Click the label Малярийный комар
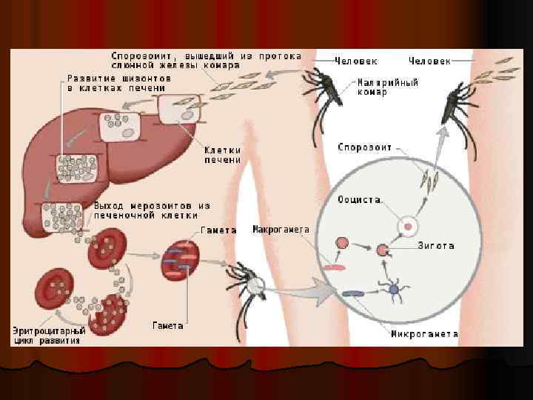387,87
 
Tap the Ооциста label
361,199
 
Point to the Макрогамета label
281,230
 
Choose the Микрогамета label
423,334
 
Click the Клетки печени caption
223,154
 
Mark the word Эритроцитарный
50,330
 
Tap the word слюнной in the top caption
134,65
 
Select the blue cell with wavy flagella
394,288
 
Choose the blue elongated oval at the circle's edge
353,293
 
